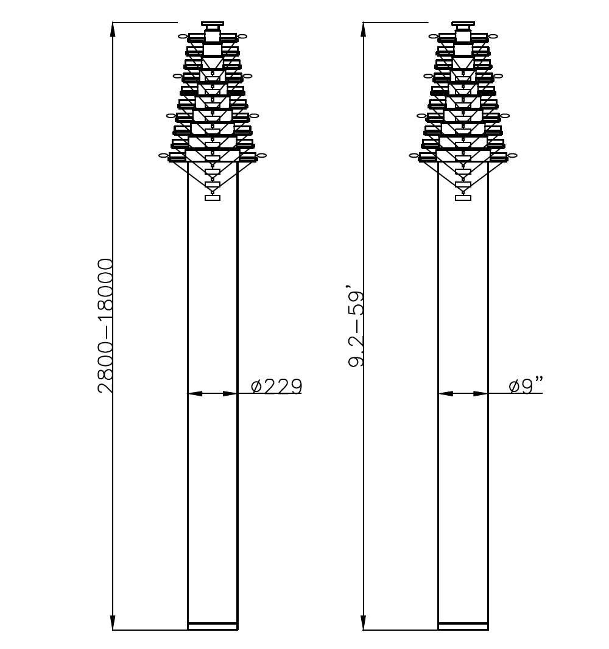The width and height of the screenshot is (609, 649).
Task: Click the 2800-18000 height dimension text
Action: (106, 326)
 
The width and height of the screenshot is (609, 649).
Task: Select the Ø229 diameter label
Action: (276, 386)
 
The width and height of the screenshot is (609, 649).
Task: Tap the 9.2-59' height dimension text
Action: (356, 329)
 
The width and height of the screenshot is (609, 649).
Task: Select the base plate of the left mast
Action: (212, 626)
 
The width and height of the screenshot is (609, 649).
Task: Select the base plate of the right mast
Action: (463, 626)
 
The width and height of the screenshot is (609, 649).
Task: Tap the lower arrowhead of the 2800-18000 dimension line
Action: (113, 622)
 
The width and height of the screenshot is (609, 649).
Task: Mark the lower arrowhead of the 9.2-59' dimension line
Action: (364, 622)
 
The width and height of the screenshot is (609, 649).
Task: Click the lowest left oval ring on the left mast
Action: (163, 156)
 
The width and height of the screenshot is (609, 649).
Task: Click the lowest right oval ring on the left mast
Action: (262, 156)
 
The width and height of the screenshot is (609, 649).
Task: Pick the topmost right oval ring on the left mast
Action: (242, 37)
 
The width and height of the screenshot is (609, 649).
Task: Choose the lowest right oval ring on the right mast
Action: (513, 156)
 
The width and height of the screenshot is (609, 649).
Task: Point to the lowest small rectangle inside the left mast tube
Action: (212, 197)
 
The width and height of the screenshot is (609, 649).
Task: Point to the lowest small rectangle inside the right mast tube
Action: (463, 197)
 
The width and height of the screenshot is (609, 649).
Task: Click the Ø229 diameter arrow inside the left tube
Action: (212, 393)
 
